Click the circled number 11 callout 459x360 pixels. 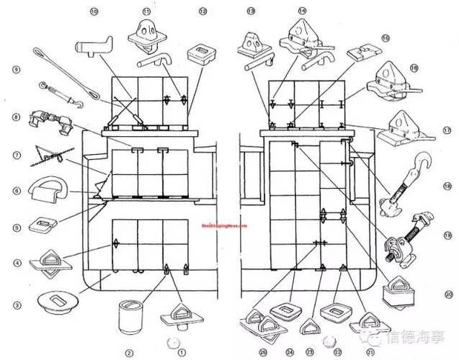(147, 12)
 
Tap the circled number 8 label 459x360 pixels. (15, 117)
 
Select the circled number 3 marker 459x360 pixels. (16, 306)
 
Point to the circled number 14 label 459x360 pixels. (302, 12)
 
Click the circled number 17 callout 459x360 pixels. (447, 130)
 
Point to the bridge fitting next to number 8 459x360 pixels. (48, 121)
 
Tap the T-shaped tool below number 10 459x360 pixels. (92, 50)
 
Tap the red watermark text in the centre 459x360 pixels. (223, 225)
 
